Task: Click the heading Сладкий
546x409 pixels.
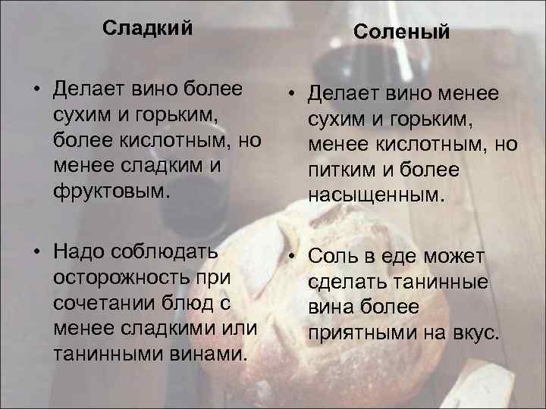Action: (x=147, y=29)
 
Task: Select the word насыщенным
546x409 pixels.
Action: (x=372, y=195)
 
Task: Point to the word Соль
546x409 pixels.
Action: (x=334, y=258)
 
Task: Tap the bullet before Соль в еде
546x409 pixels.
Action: (x=290, y=258)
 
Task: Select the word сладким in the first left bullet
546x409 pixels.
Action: (x=153, y=166)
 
